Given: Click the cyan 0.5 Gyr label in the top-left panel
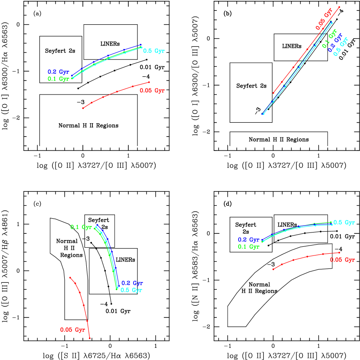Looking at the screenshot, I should [x=154, y=51].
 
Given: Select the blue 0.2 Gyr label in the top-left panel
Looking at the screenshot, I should [x=58, y=72].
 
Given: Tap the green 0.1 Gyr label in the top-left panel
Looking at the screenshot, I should [x=58, y=79].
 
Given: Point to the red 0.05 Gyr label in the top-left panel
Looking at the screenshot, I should [x=152, y=91].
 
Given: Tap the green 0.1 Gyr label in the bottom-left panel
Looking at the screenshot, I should [x=81, y=227].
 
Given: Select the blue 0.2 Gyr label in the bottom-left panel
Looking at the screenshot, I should [x=132, y=283].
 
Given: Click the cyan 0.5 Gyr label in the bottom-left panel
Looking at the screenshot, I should [x=131, y=290].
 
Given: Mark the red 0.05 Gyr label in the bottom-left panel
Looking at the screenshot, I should [x=72, y=330].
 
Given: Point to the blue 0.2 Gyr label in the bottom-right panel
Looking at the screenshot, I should [x=249, y=240].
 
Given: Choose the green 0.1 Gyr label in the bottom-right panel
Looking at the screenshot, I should [x=249, y=247].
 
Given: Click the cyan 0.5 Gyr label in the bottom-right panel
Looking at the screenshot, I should [x=344, y=223].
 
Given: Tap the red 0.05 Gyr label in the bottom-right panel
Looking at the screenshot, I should [x=342, y=260].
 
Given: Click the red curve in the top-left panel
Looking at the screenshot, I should [x=117, y=92].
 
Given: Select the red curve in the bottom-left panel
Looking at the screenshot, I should [x=84, y=306].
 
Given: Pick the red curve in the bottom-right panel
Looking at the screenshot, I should [x=308, y=256].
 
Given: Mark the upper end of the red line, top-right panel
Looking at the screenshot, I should [x=339, y=7].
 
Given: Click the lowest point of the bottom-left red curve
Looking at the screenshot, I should [x=90, y=338].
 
